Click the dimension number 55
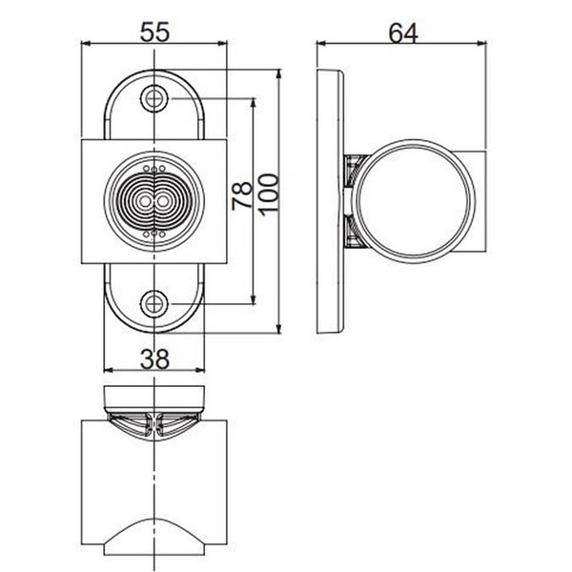(x=155, y=32)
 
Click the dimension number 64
(x=404, y=32)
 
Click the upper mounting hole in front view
(x=154, y=99)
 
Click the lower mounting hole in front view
(x=154, y=304)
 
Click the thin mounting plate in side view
(x=330, y=201)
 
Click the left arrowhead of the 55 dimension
(x=86, y=44)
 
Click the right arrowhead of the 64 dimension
(x=488, y=44)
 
